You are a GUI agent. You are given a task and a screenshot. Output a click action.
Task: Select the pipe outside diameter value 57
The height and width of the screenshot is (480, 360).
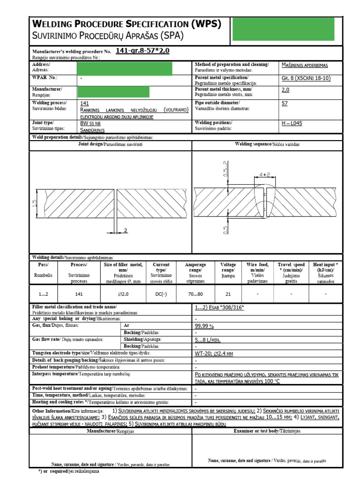coord(285,104)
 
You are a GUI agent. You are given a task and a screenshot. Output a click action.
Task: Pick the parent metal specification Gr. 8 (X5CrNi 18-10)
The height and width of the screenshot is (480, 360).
coord(307,77)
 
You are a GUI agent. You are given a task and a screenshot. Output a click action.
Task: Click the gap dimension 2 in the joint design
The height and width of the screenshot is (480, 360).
coord(126,230)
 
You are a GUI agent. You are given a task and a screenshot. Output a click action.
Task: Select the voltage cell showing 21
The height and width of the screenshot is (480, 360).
coord(228,293)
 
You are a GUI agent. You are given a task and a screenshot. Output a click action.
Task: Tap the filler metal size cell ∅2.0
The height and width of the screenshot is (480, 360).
coord(123,293)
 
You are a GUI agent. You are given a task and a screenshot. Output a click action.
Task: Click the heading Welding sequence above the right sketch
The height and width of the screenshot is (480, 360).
coord(267,144)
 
